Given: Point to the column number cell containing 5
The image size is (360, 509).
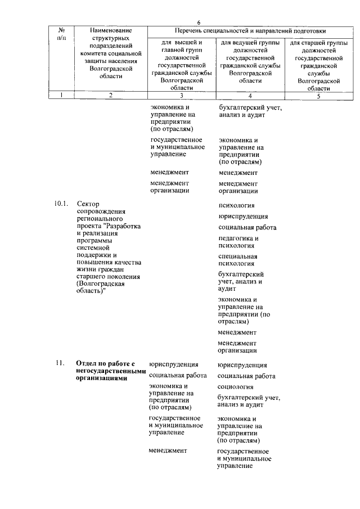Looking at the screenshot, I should pyautogui.click(x=318, y=95).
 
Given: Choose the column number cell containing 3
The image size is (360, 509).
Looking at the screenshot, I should pyautogui.click(x=181, y=95).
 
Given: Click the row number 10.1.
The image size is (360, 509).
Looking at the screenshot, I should pyautogui.click(x=61, y=204).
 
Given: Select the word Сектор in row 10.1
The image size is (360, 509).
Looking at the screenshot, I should pyautogui.click(x=88, y=204).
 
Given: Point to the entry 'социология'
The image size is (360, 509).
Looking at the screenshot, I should pyautogui.click(x=235, y=387).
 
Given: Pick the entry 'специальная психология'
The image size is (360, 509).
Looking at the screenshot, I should pyautogui.click(x=238, y=259).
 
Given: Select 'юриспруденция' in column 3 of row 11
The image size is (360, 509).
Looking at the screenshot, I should pyautogui.click(x=174, y=364).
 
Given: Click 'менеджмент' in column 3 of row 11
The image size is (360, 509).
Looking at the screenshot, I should pyautogui.click(x=168, y=451).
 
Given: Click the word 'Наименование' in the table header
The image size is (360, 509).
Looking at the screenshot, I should pyautogui.click(x=111, y=30).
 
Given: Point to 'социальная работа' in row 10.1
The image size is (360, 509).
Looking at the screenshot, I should pyautogui.click(x=247, y=227).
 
